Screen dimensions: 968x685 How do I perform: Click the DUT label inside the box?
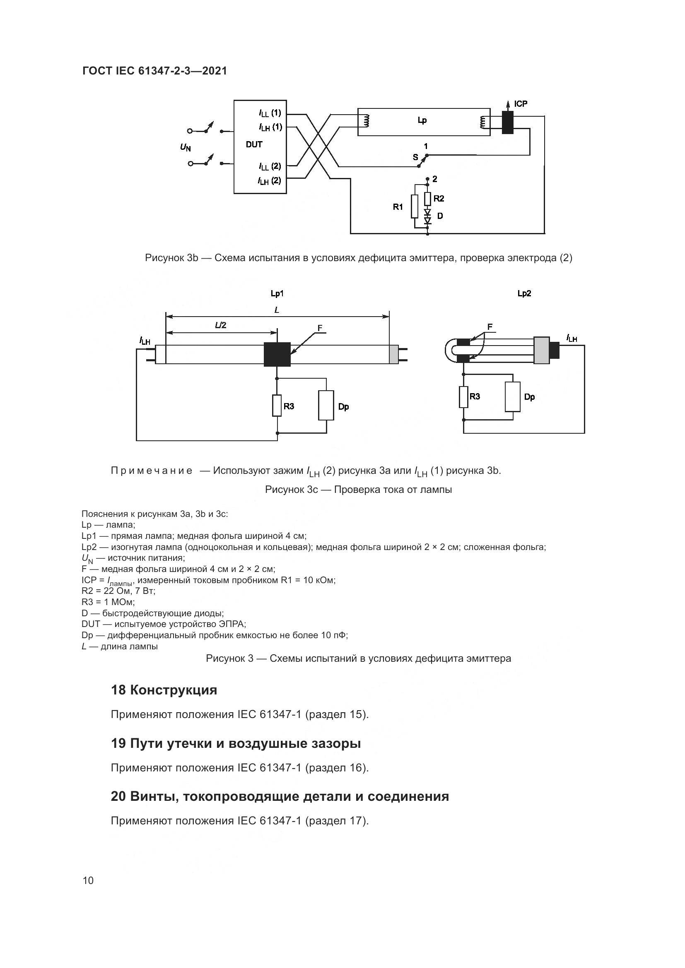(254, 144)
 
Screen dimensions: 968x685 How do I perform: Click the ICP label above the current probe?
(521, 104)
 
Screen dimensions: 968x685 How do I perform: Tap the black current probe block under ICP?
(507, 123)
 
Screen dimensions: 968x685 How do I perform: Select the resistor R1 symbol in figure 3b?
(415, 206)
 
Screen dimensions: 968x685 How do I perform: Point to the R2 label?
(439, 199)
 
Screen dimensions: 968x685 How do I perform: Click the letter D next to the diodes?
(440, 216)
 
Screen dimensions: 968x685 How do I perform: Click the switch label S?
(415, 157)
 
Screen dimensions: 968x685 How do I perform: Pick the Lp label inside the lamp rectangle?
(422, 120)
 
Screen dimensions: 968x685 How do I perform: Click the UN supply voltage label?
(185, 147)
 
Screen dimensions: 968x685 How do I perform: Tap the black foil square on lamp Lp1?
(277, 354)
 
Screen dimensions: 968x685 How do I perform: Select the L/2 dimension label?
(220, 325)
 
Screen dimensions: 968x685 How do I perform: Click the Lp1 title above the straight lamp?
(277, 293)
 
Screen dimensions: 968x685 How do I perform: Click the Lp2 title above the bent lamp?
(524, 293)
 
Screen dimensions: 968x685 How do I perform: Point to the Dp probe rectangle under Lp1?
(326, 405)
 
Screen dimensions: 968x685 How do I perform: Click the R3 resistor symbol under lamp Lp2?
(463, 397)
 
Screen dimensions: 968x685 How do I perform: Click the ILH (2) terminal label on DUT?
(270, 181)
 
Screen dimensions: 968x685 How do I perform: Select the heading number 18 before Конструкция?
(118, 690)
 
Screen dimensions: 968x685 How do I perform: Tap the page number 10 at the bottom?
(88, 880)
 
